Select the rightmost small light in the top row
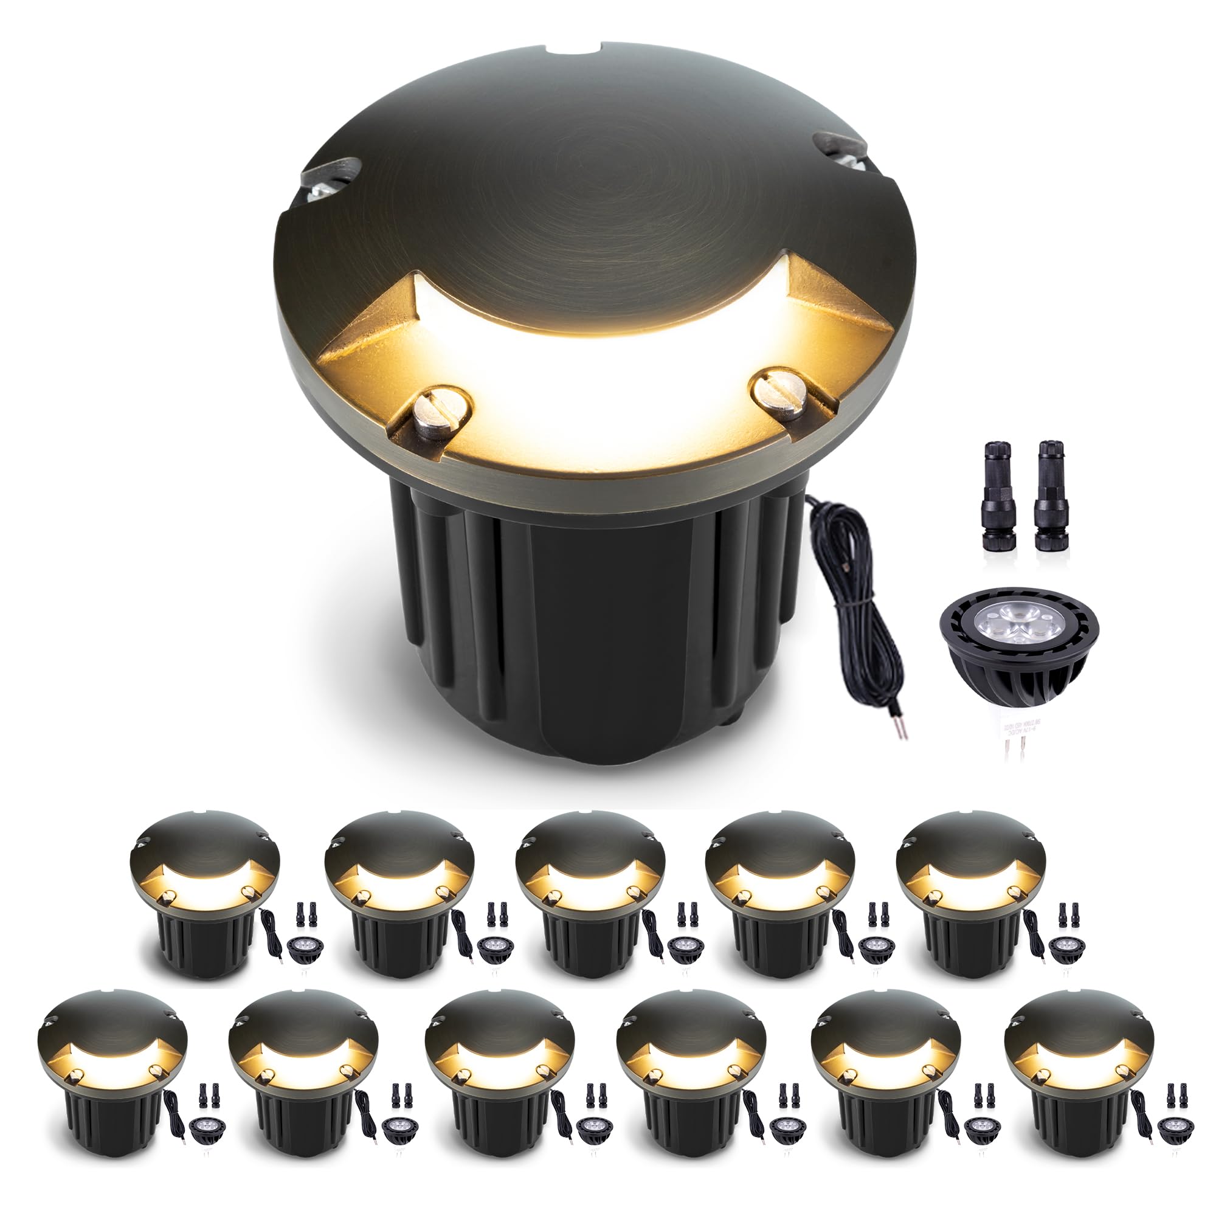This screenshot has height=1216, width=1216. pyautogui.click(x=973, y=894)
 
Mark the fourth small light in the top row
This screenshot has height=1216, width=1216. pyautogui.click(x=781, y=894)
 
